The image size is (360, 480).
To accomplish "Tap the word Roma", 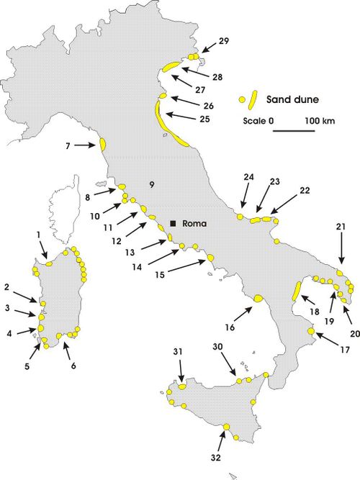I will [195, 224].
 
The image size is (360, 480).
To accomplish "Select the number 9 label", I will [151, 185].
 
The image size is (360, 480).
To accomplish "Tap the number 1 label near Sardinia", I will [37, 235].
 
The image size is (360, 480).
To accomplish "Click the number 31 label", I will [178, 351].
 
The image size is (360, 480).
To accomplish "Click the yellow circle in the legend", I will [243, 99].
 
